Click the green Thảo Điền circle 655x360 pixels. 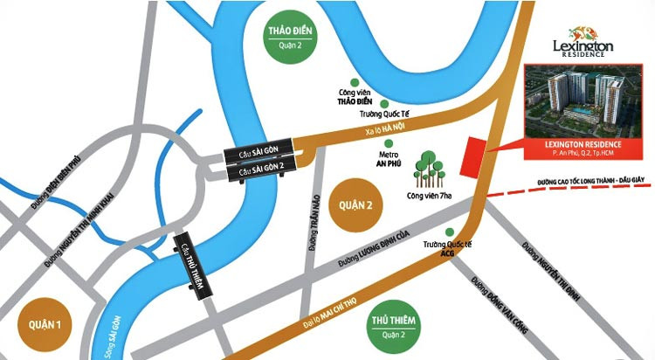click(x=293, y=40)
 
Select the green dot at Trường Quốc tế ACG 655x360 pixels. click(x=450, y=232)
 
